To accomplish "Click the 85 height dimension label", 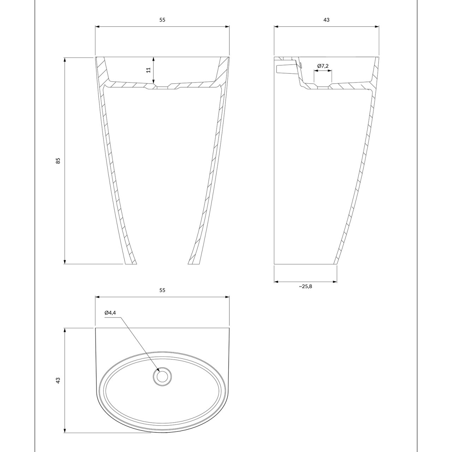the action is coord(58,161).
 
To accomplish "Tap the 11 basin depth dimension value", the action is coord(148,70).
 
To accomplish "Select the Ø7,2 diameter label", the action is coord(323,66).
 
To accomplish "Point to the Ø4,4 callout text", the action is coord(110,313).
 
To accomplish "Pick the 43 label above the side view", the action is coord(326,20).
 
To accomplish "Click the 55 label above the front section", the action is coord(162,20).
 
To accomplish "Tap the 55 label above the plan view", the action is coord(162,290).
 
